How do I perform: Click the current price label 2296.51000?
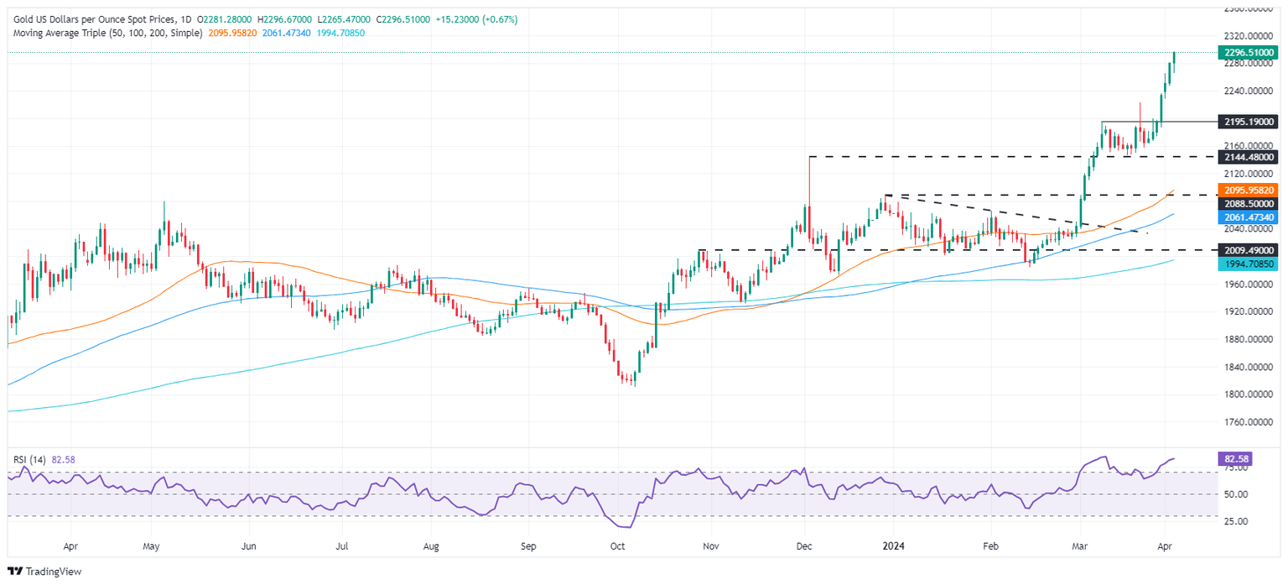pos(1248,51)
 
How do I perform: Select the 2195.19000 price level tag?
pos(1248,122)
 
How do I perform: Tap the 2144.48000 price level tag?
pos(1248,157)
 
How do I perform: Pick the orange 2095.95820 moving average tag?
pos(1248,191)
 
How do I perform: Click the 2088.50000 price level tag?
pos(1248,203)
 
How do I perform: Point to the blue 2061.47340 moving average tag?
pos(1248,217)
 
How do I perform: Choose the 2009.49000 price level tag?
pos(1248,250)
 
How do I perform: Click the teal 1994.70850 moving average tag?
pos(1248,264)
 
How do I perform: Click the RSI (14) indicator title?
pos(29,460)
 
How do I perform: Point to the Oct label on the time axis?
pos(618,544)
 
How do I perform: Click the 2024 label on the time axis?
pos(892,544)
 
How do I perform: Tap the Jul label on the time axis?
pos(341,544)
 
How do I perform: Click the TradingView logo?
pos(47,571)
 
